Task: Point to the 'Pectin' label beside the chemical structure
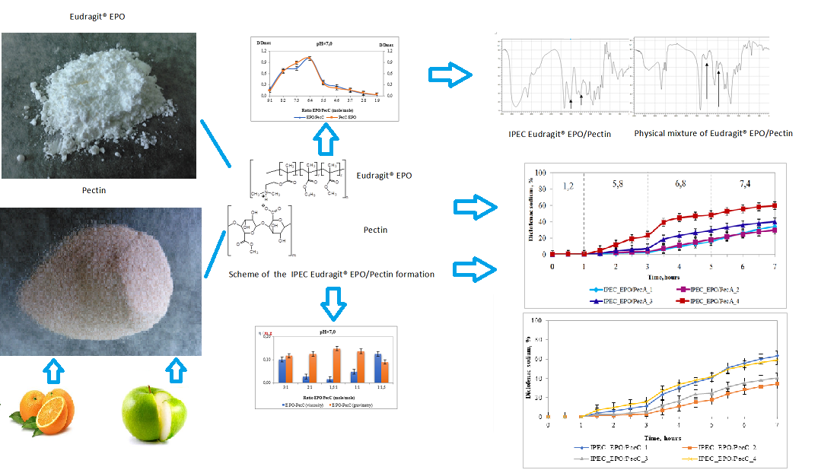pos(375,229)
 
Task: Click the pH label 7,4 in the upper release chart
pos(743,185)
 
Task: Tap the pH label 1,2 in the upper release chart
pos(568,185)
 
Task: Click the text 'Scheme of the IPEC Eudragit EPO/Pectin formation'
pos(331,274)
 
